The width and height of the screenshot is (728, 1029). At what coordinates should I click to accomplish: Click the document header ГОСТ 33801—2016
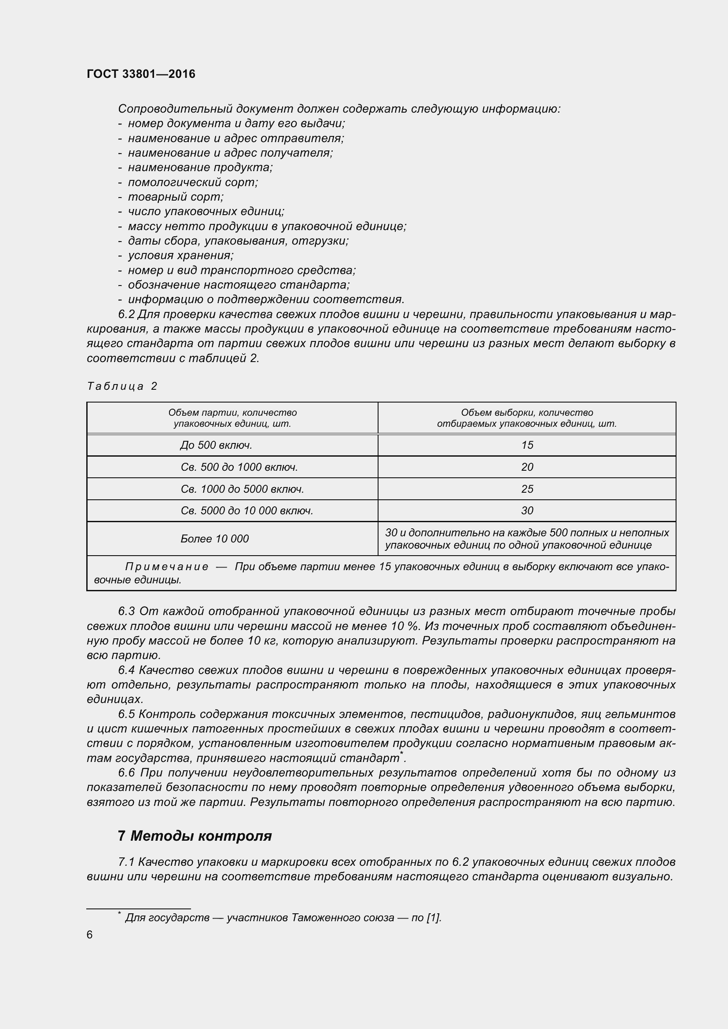pos(141,74)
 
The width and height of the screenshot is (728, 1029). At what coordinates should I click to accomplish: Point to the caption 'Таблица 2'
pos(122,386)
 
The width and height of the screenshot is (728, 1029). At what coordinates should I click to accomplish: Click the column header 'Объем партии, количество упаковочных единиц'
pos(232,417)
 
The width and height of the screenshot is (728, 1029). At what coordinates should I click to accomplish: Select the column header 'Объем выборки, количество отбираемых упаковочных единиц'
pos(527,417)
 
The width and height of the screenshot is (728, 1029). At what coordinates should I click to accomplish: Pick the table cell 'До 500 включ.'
pos(216,445)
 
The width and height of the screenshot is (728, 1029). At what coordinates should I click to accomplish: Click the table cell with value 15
pos(527,445)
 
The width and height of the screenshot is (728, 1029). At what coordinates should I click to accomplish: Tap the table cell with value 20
pos(527,467)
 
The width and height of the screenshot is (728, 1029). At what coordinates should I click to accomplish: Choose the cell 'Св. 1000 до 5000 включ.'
pos(242,489)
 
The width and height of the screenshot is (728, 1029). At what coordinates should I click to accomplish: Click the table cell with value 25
pos(527,489)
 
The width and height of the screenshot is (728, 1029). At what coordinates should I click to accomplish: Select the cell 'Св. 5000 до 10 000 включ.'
pos(246,510)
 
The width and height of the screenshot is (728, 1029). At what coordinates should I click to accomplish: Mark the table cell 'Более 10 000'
pos(214,539)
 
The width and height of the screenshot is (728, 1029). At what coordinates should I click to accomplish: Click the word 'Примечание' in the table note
pos(167,567)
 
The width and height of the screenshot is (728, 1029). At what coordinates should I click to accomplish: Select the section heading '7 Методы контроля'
pos(195,836)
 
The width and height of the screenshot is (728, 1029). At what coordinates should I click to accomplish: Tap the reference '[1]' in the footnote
pos(434,918)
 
